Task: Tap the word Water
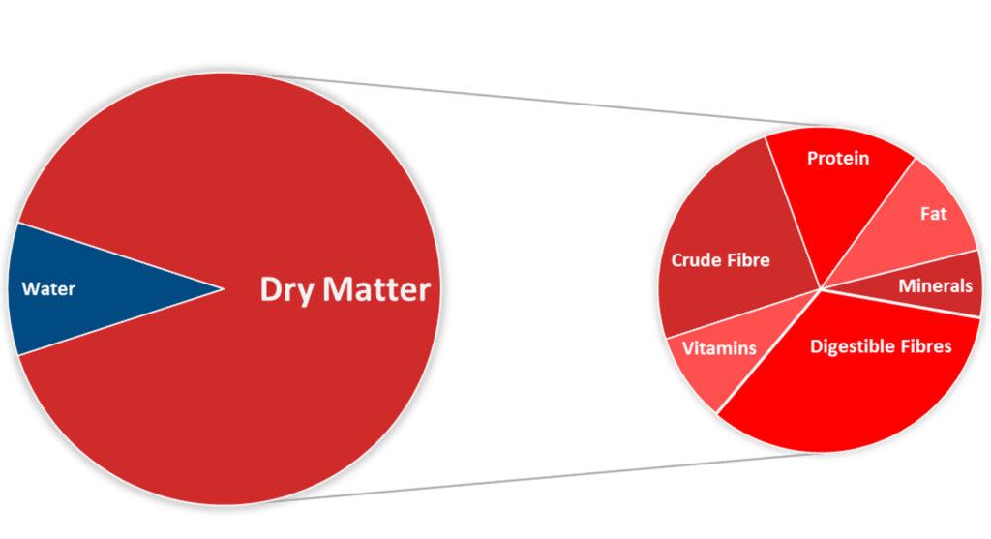tap(48, 288)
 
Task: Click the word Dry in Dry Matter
tap(287, 289)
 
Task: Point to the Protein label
tap(838, 158)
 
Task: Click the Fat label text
tap(933, 214)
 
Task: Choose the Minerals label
tap(935, 285)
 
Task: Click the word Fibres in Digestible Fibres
tap(924, 345)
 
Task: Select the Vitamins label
tap(719, 347)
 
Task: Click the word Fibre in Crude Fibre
tap(749, 259)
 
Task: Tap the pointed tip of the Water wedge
tap(222, 287)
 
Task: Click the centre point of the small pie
tap(821, 288)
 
